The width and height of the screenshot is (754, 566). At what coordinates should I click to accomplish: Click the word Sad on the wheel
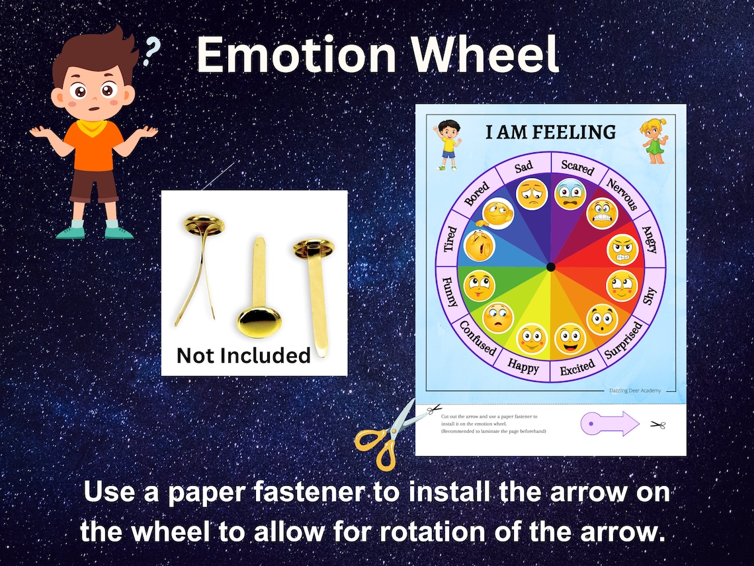pos(523,167)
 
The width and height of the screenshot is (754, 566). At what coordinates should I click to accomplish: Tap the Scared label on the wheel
pos(577,167)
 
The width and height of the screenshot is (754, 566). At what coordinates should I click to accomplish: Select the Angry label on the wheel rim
pos(649,240)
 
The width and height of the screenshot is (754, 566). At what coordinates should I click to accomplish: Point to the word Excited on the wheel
pos(577,368)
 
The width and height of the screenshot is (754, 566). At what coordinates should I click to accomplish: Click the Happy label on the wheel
pos(523,365)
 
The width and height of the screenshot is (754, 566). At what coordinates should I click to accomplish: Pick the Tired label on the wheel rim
pos(450,240)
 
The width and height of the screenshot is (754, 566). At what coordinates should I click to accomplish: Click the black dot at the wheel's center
pos(550,267)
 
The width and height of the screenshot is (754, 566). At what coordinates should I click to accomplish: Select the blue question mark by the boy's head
pos(153,52)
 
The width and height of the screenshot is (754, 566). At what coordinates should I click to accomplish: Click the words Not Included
pos(243,355)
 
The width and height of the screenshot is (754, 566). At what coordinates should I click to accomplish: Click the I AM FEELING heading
pos(550,132)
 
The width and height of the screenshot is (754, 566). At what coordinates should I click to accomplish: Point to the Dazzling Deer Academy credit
pos(634,391)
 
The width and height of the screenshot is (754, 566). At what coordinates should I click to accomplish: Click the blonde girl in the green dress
pos(655,142)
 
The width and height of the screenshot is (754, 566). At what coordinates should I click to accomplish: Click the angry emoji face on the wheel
pos(622,249)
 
